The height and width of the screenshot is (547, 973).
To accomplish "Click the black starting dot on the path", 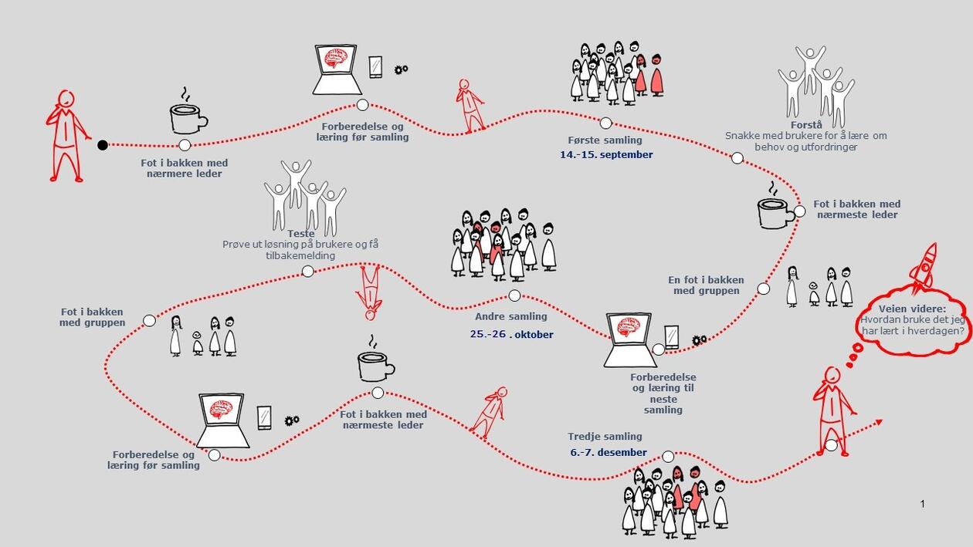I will click(x=103, y=144).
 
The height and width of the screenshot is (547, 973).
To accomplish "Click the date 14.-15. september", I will click(x=606, y=155).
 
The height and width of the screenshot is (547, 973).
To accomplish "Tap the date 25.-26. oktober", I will click(x=511, y=334).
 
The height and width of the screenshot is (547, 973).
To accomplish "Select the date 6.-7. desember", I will click(x=609, y=453).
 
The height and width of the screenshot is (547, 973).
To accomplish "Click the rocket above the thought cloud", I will click(x=924, y=267).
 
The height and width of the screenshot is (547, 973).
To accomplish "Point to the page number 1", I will click(x=922, y=504).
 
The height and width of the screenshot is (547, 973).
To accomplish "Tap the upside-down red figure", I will click(x=370, y=292).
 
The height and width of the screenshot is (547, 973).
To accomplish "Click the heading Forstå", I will click(x=806, y=125).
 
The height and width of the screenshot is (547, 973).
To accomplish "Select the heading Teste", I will click(x=301, y=234).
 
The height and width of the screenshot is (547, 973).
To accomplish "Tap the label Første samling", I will click(x=605, y=140).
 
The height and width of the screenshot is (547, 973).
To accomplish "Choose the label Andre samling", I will click(x=510, y=316).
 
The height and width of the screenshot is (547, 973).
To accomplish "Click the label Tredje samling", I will click(x=605, y=436).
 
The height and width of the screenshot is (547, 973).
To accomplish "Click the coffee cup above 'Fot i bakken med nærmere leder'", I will click(x=188, y=117).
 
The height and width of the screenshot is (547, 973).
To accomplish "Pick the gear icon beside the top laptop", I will click(x=401, y=69).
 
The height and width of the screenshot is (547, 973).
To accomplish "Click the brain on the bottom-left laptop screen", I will click(x=221, y=409).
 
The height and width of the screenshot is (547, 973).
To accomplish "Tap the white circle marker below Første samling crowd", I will click(x=606, y=123).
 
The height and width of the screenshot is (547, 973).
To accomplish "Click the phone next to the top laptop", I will click(x=375, y=67).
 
